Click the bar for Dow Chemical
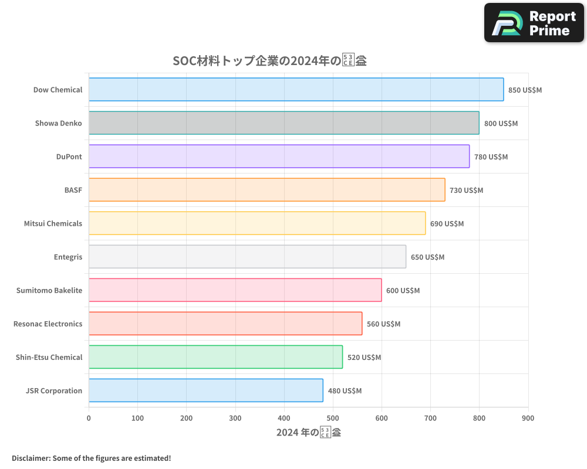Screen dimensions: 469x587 [296, 90]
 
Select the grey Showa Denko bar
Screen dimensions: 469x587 [284, 123]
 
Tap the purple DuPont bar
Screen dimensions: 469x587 [279, 157]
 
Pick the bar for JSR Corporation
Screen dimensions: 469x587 [205, 390]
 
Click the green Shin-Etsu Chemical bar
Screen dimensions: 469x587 [215, 357]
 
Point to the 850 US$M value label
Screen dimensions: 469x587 [525, 90]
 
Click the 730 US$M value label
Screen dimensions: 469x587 [466, 191]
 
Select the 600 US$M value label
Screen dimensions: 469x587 [403, 291]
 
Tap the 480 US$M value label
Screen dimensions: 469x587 [345, 391]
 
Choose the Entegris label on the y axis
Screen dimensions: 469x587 [68, 257]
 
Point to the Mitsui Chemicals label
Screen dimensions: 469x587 [53, 223]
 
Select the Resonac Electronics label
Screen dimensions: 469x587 [48, 324]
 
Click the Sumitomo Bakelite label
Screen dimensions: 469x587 [49, 290]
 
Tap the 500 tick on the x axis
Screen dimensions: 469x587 [333, 418]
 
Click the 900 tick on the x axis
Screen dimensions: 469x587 [528, 418]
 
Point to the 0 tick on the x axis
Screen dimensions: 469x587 [89, 418]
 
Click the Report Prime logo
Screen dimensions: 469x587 [534, 23]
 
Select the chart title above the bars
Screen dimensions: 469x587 [269, 60]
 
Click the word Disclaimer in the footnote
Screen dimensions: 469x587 [31, 458]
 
